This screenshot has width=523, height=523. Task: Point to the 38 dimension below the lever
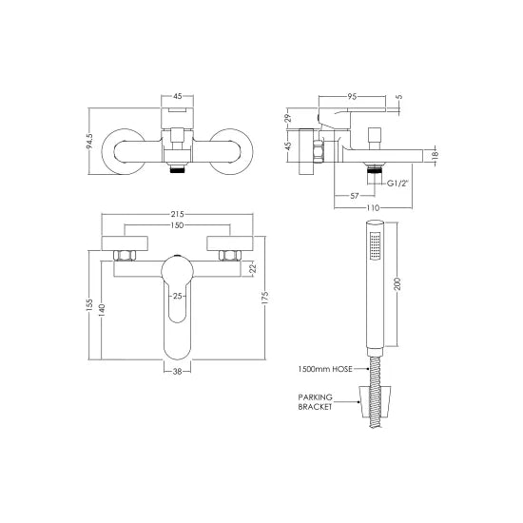177,372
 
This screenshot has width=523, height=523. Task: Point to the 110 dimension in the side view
376,208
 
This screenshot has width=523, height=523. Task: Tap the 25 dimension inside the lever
177,296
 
